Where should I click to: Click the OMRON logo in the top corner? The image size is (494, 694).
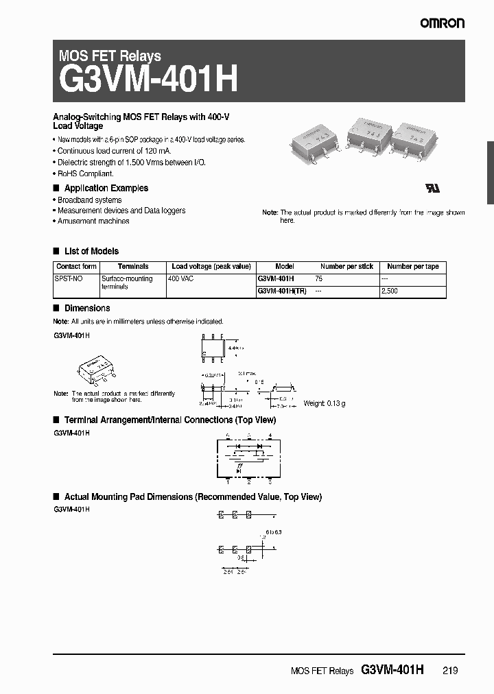pos(443,23)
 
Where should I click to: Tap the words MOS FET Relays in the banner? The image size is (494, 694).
pos(110,56)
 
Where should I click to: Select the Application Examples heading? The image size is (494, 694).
pos(106,188)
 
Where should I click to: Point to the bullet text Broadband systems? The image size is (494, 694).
pos(89,200)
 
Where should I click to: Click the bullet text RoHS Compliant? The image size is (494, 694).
pos(85,173)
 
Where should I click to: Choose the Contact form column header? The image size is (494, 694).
pos(76,266)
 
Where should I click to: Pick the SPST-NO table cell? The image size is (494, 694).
pos(69,279)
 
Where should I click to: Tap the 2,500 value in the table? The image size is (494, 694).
pos(389,291)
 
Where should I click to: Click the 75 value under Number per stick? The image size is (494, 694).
pos(319,279)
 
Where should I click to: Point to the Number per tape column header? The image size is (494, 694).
pos(412,266)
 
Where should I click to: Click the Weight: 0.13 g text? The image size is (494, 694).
pos(324,403)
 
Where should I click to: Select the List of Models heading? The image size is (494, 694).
pos(91,251)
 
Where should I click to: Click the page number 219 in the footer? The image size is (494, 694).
pos(451,671)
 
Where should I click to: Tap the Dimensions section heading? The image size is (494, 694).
pos(86,309)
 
